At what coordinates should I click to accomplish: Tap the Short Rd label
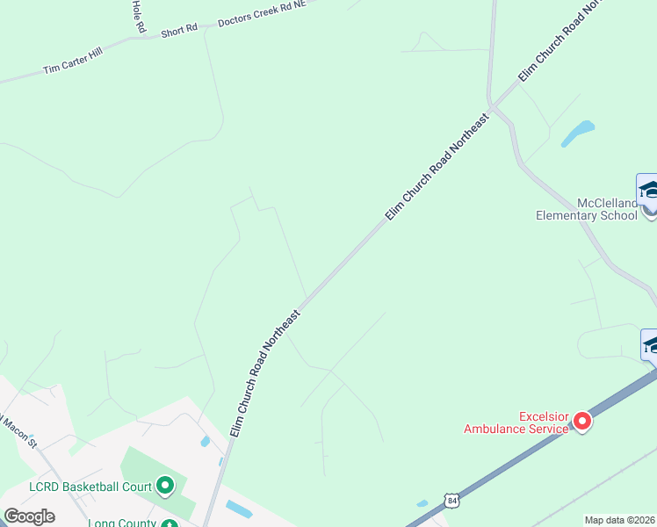179,31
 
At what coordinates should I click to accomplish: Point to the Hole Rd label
137,16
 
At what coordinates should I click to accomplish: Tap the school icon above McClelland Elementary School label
648,189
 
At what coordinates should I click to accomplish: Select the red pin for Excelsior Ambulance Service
582,422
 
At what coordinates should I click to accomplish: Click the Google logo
29,516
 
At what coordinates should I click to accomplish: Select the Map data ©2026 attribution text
620,520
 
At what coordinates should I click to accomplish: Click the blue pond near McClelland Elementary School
578,133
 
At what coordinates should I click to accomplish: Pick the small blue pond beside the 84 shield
422,503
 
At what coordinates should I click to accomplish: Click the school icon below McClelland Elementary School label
650,345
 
